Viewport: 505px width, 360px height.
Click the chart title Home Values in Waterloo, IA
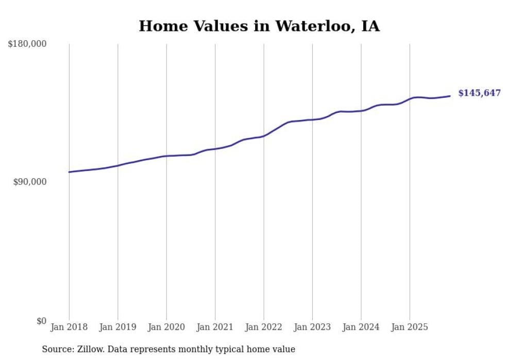coord(259,26)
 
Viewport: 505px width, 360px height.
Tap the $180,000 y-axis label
coord(27,44)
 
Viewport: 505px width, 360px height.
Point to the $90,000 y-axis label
coord(29,182)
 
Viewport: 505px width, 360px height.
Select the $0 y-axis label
coord(41,321)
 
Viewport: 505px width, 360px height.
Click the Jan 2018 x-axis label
coord(69,327)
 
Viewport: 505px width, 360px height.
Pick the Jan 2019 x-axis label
coord(117,327)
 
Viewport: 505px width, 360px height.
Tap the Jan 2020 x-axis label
coord(166,327)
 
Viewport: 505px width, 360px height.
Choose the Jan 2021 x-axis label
coord(215,327)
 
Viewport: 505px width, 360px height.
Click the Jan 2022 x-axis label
coord(264,327)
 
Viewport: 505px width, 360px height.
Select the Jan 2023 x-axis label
coord(312,327)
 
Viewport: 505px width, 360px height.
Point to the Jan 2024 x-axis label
coord(361,327)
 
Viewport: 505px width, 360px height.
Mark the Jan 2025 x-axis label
coord(410,327)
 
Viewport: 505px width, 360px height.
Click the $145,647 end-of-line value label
coord(479,93)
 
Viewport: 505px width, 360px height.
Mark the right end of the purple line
coord(450,96)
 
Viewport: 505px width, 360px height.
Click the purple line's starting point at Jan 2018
coord(69,172)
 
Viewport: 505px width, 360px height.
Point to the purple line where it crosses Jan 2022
coord(264,136)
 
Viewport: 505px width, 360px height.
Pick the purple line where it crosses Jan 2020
coord(166,156)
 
